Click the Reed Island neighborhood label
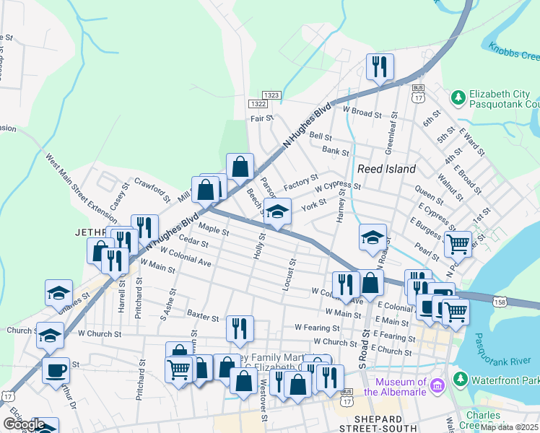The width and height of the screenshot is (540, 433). (x=387, y=169)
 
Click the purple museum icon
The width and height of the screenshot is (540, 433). (x=436, y=386)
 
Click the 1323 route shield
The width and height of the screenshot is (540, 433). (x=271, y=95)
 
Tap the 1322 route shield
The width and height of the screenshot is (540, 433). (x=260, y=104)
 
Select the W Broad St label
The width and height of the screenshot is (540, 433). (x=362, y=112)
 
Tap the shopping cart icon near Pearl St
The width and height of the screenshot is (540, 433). (x=458, y=244)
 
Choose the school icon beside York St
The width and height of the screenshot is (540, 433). (x=276, y=211)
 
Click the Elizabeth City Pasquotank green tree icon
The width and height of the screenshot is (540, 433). (x=457, y=97)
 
